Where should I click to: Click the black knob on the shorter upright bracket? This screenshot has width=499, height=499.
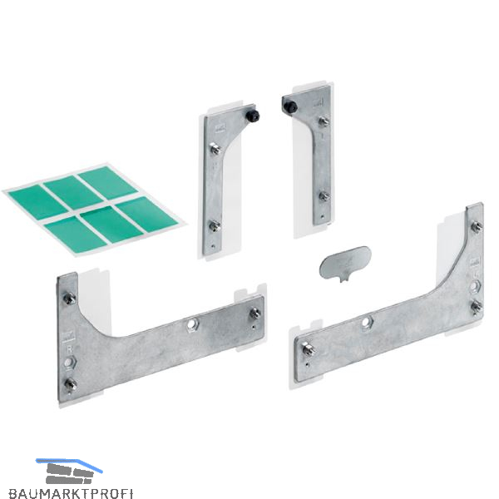click(254, 116)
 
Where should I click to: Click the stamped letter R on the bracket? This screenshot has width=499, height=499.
click(69, 348)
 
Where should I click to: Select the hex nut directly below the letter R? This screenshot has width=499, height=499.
click(68, 363)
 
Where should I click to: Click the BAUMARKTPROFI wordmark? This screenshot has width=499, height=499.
click(71, 492)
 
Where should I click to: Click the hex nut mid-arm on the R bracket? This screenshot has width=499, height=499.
click(192, 324)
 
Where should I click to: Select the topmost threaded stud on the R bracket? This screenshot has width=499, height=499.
click(69, 299)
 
